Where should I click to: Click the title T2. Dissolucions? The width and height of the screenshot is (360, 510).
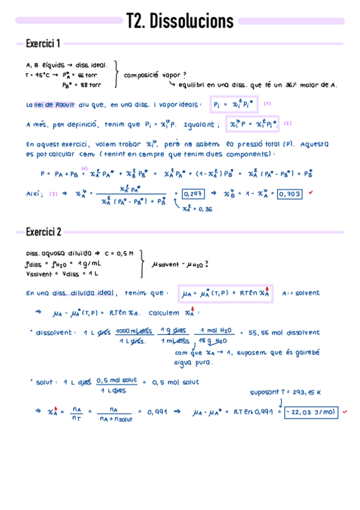[180, 22]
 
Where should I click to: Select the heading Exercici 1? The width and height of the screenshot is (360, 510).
[43, 43]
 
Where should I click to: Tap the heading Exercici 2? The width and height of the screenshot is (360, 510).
[43, 232]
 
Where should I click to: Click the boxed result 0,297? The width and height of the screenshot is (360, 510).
[192, 194]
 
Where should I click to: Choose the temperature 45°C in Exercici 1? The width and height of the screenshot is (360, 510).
[40, 76]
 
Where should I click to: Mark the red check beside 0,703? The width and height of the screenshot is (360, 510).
[311, 193]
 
